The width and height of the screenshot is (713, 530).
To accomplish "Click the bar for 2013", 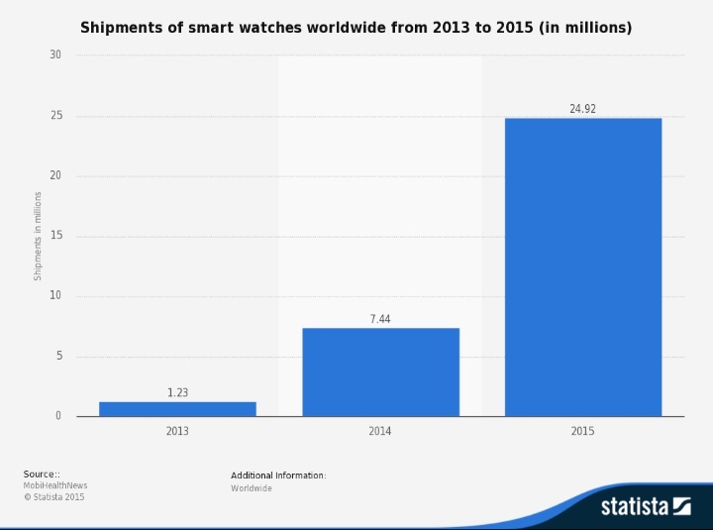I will [x=177, y=408].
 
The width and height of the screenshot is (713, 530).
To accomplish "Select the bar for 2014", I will [x=380, y=371].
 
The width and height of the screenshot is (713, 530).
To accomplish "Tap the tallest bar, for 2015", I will [x=583, y=267].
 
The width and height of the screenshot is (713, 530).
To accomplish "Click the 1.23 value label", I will [x=177, y=393].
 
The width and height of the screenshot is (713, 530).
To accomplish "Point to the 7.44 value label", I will [x=380, y=320].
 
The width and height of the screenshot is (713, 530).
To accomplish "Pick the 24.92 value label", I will [x=582, y=109].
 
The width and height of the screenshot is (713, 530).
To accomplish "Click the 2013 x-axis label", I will [x=177, y=431].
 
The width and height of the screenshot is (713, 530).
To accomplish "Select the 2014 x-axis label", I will [x=380, y=431].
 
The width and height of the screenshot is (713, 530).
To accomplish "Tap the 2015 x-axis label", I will [x=582, y=431].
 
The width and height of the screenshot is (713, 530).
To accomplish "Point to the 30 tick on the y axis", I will [x=55, y=55].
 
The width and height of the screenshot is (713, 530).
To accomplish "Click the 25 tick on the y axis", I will [x=55, y=116].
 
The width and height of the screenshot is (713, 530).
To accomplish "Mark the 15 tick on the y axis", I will [x=55, y=237].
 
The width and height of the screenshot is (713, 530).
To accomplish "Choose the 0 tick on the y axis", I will [x=58, y=416].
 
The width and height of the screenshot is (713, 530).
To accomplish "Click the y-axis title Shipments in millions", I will [x=39, y=236].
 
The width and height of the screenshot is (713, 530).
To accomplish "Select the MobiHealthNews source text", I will [x=55, y=486].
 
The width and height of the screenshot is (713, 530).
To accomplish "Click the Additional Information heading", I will [x=278, y=476].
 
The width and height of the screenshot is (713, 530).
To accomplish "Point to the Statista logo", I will [x=645, y=506].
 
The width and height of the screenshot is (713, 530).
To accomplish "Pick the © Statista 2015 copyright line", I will [x=54, y=497].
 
